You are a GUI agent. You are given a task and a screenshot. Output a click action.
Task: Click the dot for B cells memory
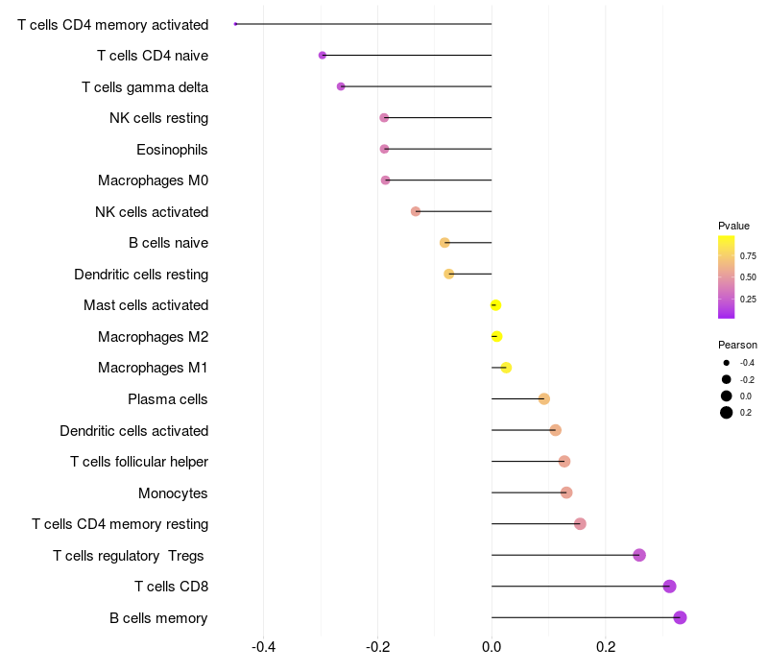pos(680,617)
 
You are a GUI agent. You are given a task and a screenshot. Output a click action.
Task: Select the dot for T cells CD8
pos(669,587)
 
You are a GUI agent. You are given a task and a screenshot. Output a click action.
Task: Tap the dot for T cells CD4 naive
pos(323,56)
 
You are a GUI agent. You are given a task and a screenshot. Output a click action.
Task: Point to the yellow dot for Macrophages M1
pos(506,368)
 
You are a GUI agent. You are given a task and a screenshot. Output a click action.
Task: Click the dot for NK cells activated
pos(416,211)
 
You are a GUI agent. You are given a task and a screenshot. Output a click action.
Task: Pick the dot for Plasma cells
pos(543,398)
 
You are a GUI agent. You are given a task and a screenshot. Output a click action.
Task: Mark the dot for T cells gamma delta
pos(341,86)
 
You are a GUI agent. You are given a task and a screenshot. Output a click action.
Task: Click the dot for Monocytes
pos(566,492)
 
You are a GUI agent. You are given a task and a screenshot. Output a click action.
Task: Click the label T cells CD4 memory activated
pos(112,25)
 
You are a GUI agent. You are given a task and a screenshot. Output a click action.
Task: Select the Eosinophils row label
pos(172,150)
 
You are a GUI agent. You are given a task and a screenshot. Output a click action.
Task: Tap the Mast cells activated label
pos(146,305)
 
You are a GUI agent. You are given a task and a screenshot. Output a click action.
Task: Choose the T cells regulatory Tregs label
pos(129,556)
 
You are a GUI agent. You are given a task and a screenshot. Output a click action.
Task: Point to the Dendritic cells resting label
pos(141,275)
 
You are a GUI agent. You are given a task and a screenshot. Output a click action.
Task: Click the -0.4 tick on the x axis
pos(263,647)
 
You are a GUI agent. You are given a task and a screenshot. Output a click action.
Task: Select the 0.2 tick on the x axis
pos(606,647)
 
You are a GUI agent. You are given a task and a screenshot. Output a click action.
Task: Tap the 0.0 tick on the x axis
pos(492,647)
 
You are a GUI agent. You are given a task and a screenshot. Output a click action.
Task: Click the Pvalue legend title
pos(733,226)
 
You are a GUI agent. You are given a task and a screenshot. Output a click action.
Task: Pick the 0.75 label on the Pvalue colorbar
pos(748,255)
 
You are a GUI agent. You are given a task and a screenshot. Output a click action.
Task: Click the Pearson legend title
pos(737,345)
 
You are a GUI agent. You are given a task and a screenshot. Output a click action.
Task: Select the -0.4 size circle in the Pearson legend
pos(727,363)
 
